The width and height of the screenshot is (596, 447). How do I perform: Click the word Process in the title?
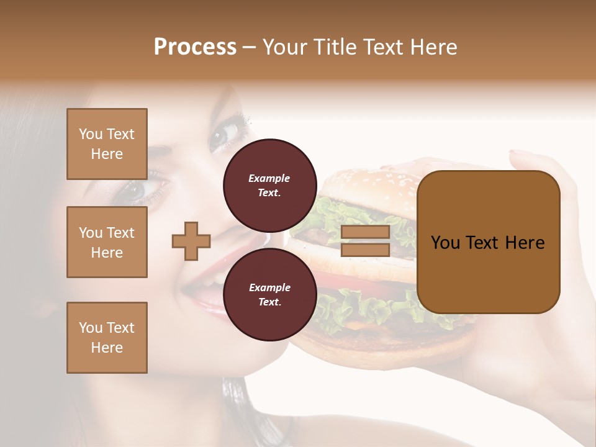click(x=195, y=47)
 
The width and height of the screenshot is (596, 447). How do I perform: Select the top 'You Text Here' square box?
click(x=107, y=144)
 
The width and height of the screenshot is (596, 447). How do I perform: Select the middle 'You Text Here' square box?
click(x=107, y=242)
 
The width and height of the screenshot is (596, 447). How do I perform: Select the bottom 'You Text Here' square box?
click(x=107, y=338)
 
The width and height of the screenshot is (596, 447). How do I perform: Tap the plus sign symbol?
click(x=191, y=241)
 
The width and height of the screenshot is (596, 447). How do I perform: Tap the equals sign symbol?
click(x=366, y=241)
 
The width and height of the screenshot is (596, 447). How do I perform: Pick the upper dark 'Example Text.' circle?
click(x=269, y=185)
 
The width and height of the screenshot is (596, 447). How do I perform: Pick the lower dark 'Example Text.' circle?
click(x=269, y=294)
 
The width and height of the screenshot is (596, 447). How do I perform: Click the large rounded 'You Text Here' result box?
click(x=489, y=242)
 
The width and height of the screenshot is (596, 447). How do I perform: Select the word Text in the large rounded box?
click(x=489, y=242)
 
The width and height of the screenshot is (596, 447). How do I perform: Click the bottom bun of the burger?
click(x=385, y=348)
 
